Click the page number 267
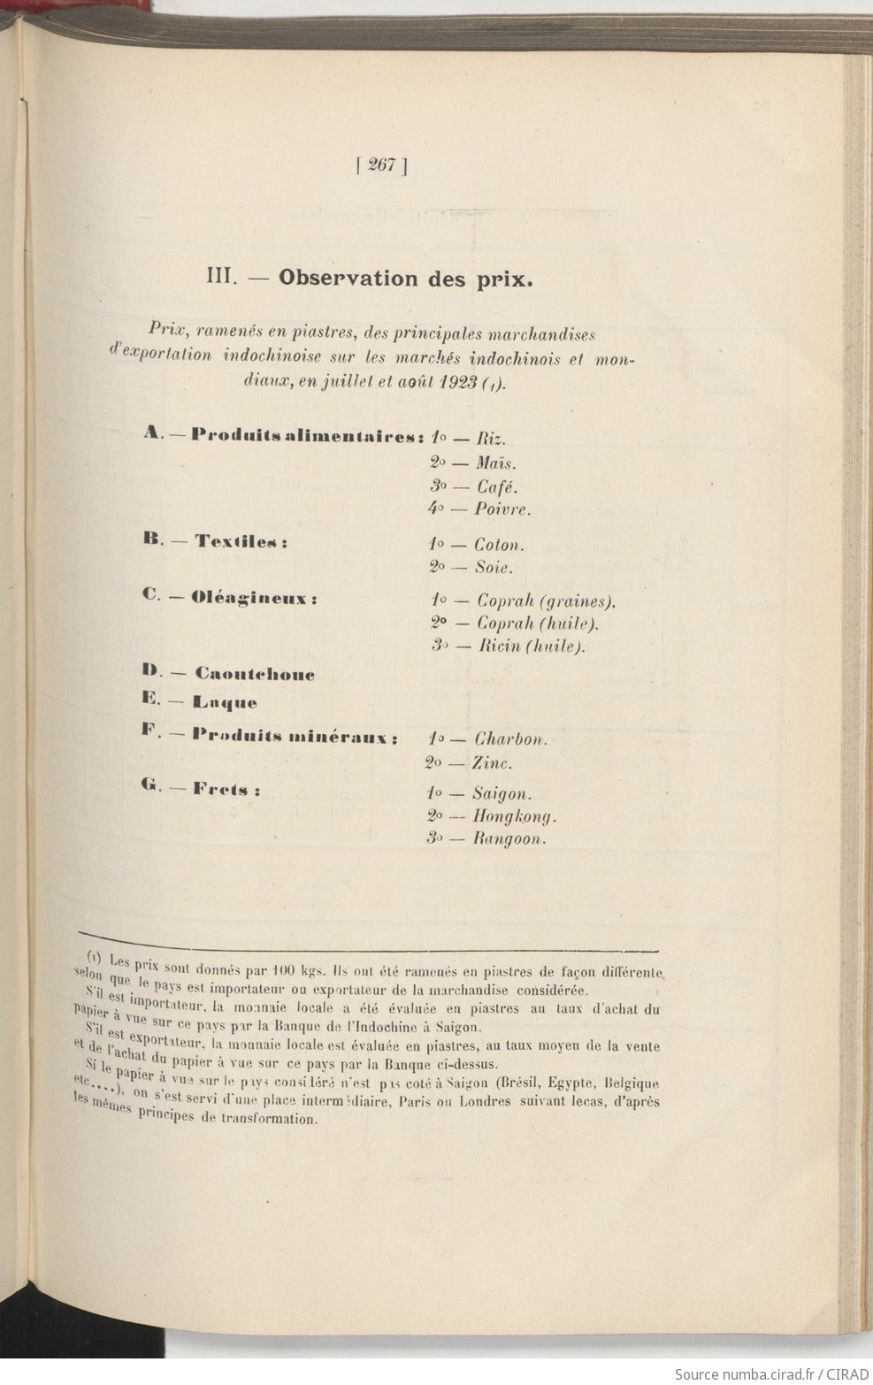[380, 165]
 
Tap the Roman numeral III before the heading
[218, 277]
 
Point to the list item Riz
[491, 439]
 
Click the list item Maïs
[495, 463]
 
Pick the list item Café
[497, 486]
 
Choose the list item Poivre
[502, 509]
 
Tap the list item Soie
[494, 568]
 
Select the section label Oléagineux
[254, 598]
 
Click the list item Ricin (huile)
[532, 647]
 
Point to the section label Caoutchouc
[255, 674]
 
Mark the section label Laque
[226, 703]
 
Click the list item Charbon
[511, 739]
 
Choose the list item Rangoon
[509, 839]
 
